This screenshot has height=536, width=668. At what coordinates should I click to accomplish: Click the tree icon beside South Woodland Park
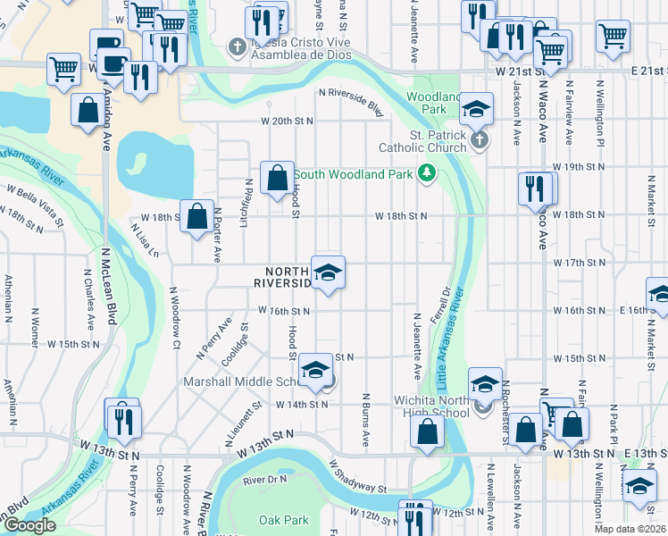[428, 172]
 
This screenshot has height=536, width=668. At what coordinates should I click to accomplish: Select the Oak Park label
[283, 519]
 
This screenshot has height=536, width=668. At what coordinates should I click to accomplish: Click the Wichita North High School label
[431, 406]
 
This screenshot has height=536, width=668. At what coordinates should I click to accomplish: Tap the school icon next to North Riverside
[328, 272]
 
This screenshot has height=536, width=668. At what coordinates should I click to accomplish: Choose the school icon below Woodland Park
[477, 111]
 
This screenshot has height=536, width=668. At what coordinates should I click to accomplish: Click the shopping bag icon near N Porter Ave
[196, 215]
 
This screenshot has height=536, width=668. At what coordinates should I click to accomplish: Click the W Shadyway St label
[357, 477]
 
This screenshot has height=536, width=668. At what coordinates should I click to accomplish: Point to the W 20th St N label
[288, 121]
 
